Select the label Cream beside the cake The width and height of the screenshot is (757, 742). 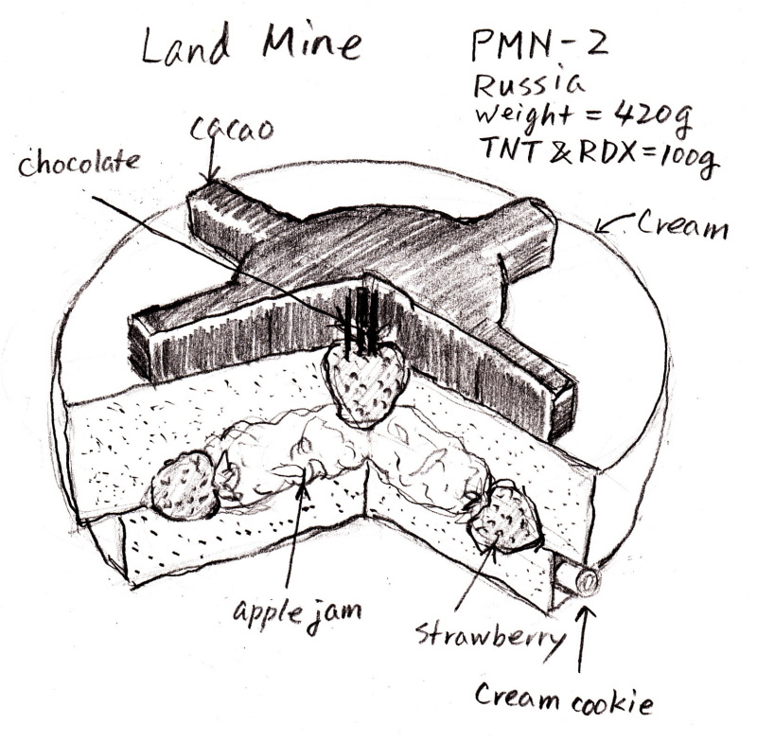(684, 227)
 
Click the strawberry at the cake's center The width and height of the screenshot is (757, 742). (364, 382)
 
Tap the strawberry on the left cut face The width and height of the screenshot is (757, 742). (184, 486)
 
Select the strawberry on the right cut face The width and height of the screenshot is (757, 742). (505, 520)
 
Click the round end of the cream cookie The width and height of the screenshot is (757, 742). (588, 580)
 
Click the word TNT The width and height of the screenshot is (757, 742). (504, 153)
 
